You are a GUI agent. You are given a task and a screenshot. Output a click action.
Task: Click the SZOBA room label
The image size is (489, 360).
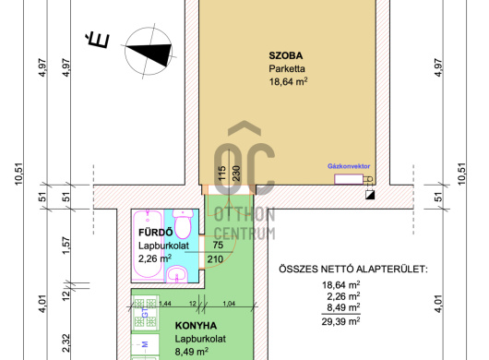[x=286, y=55]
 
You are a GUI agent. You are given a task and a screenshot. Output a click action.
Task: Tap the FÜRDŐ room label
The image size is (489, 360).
[x=155, y=233]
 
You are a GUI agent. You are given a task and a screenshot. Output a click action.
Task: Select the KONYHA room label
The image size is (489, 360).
[x=196, y=326]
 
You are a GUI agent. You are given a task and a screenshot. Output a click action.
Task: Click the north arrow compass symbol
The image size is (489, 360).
[x=149, y=51]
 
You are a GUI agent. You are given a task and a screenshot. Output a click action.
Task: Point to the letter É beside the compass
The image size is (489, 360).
[x=98, y=40]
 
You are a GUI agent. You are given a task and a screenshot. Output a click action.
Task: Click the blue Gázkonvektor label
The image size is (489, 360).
[x=349, y=166]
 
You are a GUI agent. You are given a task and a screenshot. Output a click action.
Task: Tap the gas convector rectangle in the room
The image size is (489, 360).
[x=349, y=179]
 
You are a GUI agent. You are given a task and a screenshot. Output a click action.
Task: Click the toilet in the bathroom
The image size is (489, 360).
[x=183, y=223]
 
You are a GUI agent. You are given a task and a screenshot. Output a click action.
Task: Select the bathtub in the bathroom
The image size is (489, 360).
[x=148, y=245]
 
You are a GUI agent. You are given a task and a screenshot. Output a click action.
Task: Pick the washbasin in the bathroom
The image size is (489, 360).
[x=177, y=274]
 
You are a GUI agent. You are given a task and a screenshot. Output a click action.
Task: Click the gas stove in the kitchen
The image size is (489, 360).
[x=145, y=313]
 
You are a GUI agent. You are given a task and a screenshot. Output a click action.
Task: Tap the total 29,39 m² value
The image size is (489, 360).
[x=340, y=320]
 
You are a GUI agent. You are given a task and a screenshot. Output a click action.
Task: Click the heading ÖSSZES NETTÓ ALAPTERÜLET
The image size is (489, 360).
[x=353, y=269]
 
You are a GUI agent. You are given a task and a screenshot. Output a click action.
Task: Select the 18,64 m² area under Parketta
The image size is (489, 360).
[x=288, y=82]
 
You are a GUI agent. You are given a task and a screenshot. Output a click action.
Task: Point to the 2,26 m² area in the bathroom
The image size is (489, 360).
[x=155, y=258]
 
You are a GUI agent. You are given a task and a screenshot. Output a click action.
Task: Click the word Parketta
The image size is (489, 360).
[x=287, y=68]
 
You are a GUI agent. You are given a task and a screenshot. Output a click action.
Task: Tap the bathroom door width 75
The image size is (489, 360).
[x=218, y=245]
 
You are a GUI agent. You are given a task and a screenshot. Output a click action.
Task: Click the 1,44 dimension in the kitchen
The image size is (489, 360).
[x=165, y=304]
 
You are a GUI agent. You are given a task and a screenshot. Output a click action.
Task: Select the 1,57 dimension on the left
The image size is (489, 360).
[x=66, y=246]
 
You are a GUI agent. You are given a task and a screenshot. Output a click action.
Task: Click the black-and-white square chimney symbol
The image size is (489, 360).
[x=370, y=195]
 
